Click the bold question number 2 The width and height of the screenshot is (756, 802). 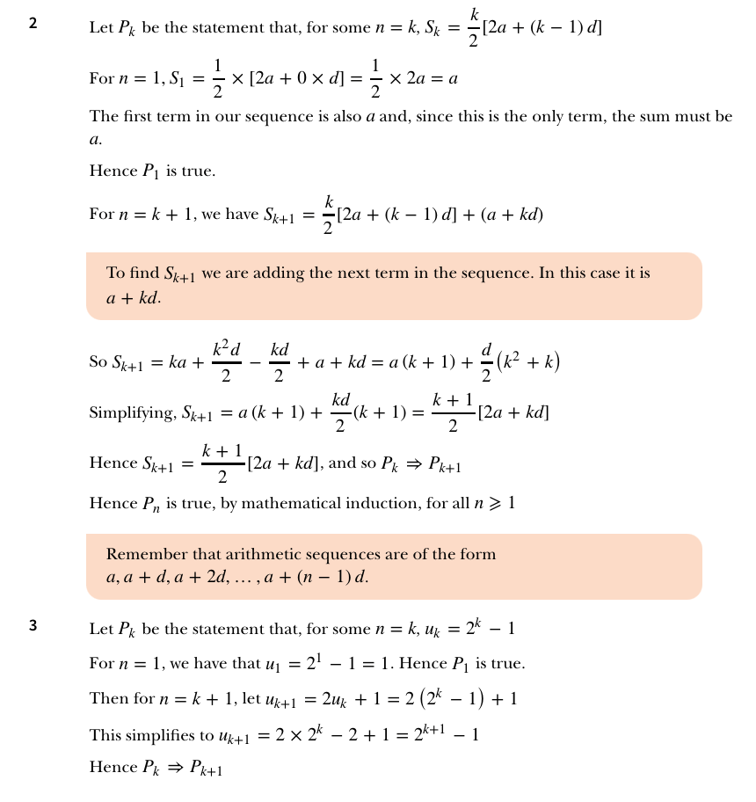pos(33,24)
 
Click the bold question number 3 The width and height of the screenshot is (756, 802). pos(33,627)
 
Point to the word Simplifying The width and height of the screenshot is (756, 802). pos(131,412)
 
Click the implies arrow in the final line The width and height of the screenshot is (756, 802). pos(174,768)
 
